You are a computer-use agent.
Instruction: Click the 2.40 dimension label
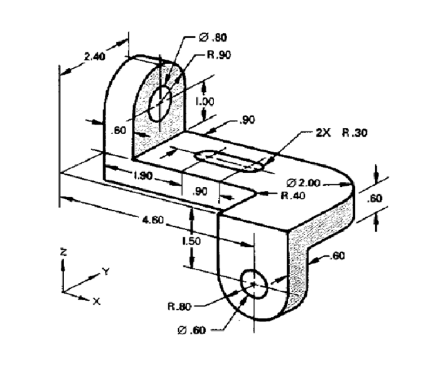[x=95, y=57]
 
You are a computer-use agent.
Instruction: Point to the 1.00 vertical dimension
[x=204, y=101]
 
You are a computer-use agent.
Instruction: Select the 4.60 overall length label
[x=153, y=219]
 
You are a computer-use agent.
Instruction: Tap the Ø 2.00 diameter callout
[x=303, y=182]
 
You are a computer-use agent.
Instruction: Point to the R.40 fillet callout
[x=293, y=195]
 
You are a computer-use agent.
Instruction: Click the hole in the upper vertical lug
[x=160, y=103]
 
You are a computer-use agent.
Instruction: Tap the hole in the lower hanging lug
[x=254, y=284]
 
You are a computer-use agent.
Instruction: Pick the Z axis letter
[x=63, y=252]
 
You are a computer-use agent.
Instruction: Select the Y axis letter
[x=106, y=271]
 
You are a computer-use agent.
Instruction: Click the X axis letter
[x=96, y=301]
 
